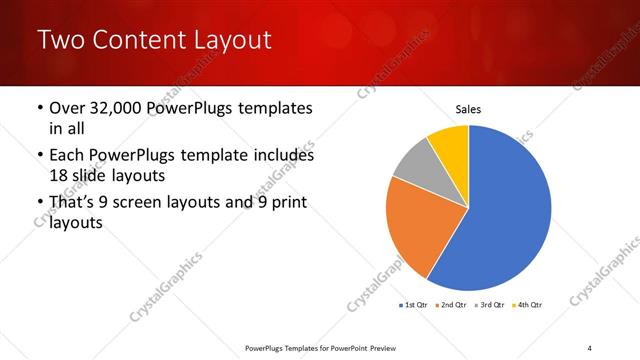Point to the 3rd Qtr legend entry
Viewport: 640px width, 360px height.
492,304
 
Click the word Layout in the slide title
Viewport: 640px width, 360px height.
231,40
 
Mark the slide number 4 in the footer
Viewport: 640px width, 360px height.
589,347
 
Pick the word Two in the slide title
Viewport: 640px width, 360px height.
59,40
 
